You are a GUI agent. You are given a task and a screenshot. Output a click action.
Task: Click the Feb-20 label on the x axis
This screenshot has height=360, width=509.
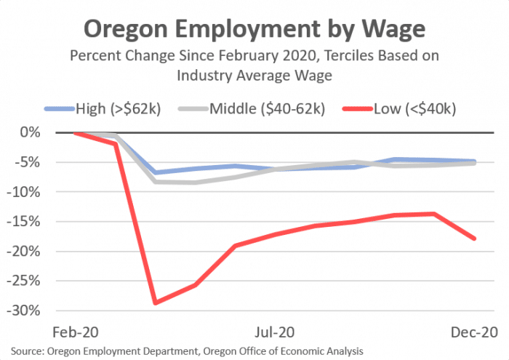coord(76,332)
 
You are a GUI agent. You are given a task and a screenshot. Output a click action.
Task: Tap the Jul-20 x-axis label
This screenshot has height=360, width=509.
coord(275,332)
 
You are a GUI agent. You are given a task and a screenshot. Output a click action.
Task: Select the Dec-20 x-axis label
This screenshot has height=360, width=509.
coord(475,332)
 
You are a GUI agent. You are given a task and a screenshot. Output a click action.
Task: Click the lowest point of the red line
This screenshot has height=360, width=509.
coord(156,303)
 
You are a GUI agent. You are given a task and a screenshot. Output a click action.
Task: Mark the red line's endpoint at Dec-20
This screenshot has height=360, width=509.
coord(475,239)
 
